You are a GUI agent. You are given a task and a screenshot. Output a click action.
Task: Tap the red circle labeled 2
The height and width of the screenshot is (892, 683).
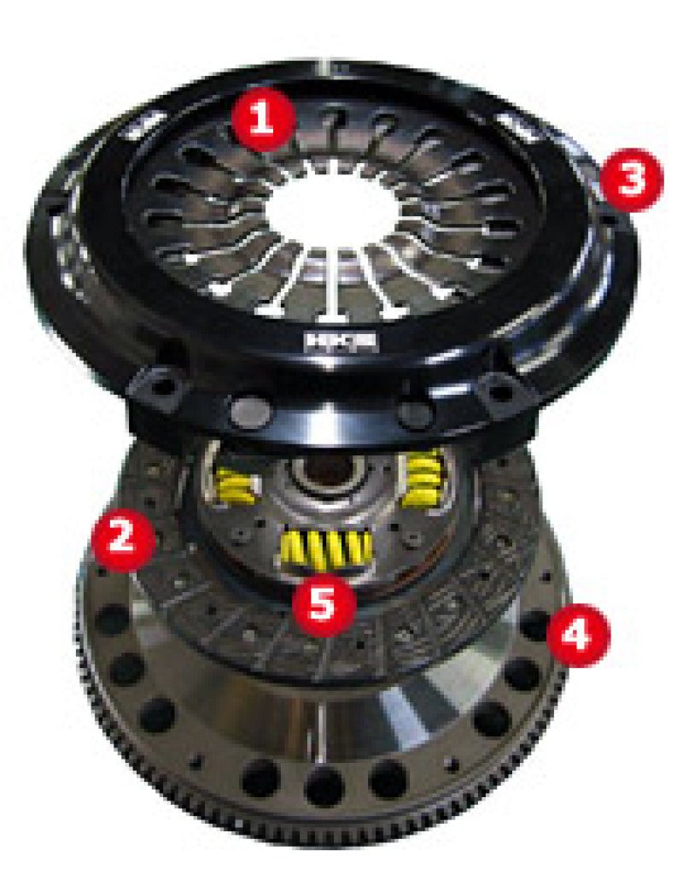pos(124,541)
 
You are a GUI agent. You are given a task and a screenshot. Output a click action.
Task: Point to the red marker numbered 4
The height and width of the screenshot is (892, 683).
pos(578,635)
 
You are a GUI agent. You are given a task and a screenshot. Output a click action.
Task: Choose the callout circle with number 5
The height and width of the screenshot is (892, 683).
pos(323,605)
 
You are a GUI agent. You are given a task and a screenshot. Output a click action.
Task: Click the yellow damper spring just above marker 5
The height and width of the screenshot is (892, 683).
pos(325,551)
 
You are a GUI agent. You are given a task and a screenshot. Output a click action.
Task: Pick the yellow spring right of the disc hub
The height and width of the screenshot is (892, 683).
pos(424,478)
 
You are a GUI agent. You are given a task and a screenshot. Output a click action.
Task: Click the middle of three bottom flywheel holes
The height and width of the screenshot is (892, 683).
pos(326,785)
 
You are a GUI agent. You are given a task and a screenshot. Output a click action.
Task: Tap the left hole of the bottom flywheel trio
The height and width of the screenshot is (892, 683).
pos(261,778)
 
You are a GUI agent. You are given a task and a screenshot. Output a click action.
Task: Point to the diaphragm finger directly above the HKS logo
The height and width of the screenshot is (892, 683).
pos(330,286)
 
